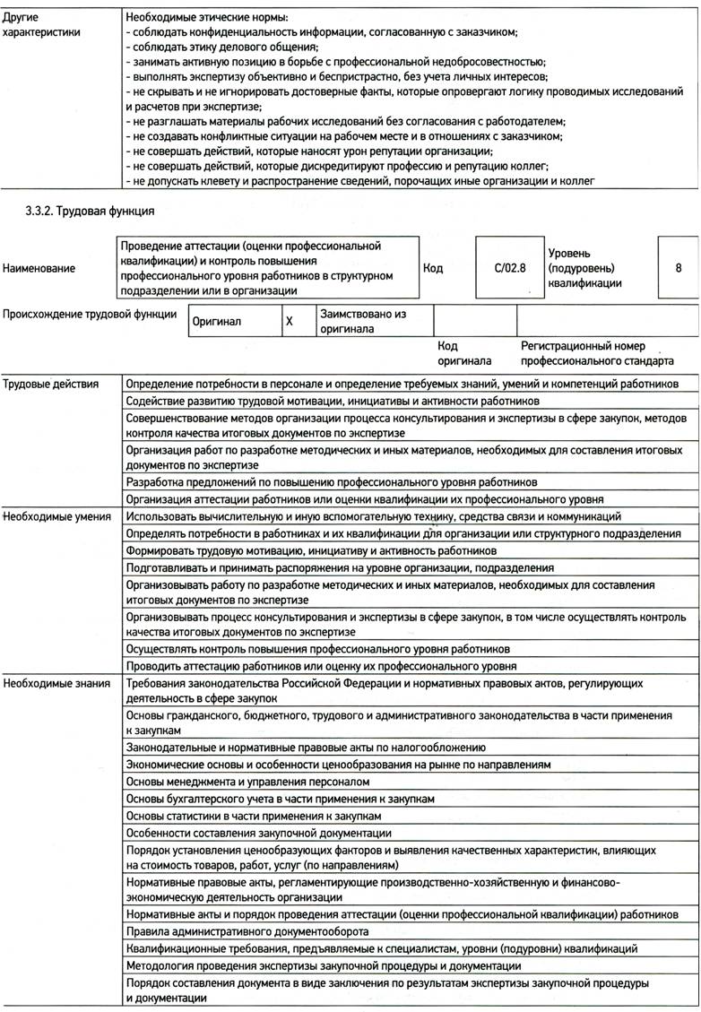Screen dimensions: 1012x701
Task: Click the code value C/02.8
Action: (x=506, y=267)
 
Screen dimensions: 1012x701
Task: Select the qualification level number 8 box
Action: (x=678, y=267)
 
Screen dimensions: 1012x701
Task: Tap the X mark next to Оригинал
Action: (x=289, y=321)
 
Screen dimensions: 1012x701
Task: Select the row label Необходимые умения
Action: (x=56, y=516)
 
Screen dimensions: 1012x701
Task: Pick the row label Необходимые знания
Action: (x=55, y=683)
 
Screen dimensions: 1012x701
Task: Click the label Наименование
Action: (x=39, y=267)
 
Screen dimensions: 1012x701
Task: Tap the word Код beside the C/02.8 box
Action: (x=433, y=267)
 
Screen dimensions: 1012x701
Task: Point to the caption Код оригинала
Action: (x=460, y=353)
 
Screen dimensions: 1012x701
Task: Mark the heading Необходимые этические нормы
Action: (x=208, y=17)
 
